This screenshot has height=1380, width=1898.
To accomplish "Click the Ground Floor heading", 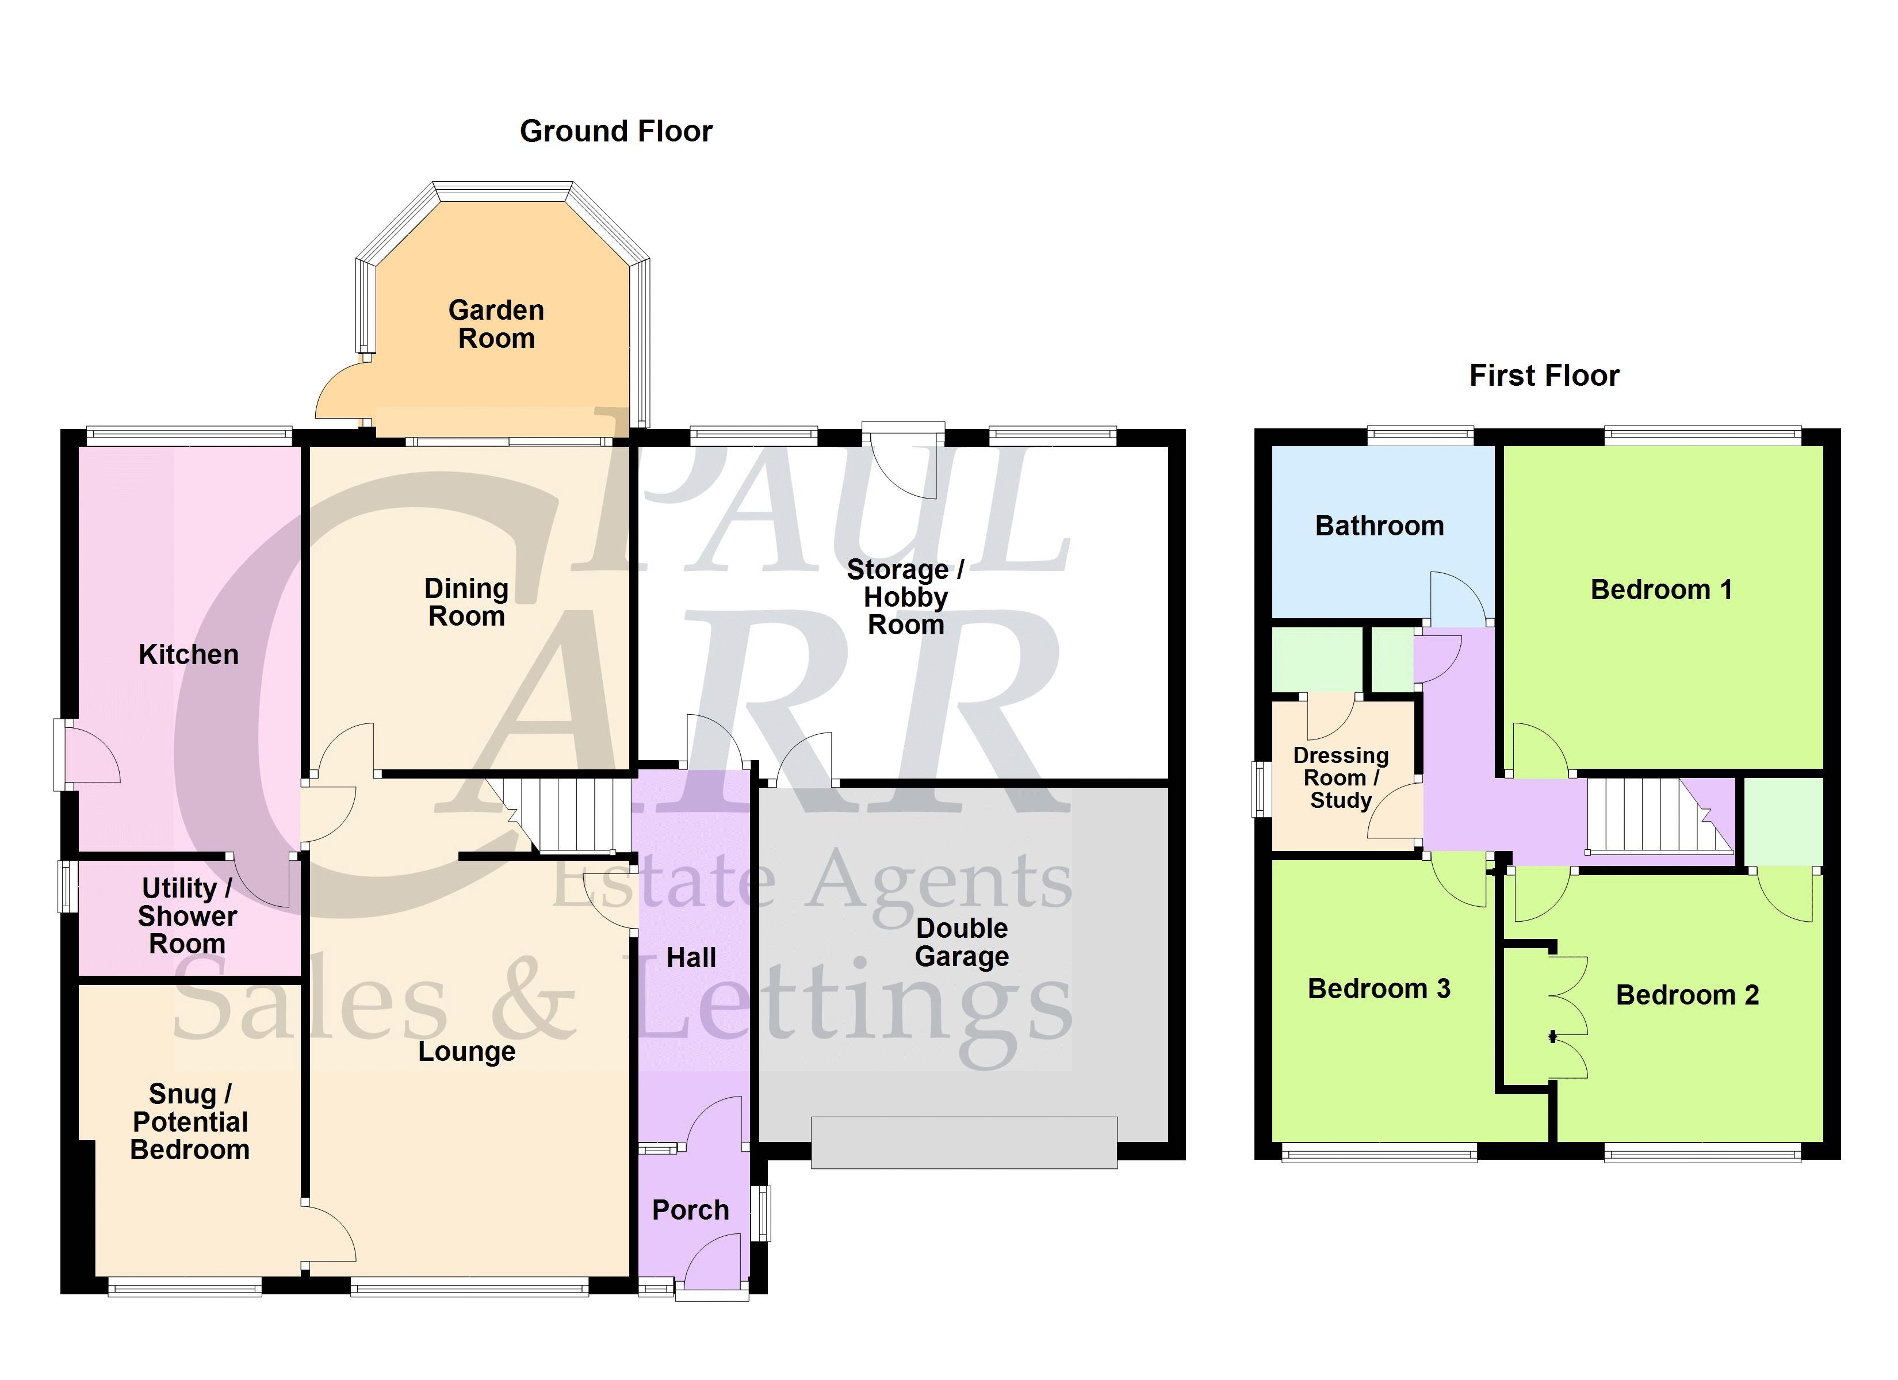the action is click(x=616, y=132).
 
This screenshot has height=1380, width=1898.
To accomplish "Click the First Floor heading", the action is click(x=1544, y=375).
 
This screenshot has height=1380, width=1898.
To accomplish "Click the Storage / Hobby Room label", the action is click(x=905, y=597).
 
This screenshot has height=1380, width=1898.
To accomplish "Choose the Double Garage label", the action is click(x=962, y=942).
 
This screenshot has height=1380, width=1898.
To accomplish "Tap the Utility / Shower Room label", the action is click(x=187, y=915).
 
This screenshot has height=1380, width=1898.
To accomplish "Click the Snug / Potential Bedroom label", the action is click(x=190, y=1121).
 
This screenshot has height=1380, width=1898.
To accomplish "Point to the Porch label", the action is click(x=690, y=1210).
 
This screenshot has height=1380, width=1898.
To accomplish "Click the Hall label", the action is click(x=691, y=957).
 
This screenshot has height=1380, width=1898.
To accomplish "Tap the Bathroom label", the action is click(x=1379, y=526).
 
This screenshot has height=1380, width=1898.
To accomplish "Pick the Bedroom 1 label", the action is click(x=1661, y=590).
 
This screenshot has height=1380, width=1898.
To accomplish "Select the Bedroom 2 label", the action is click(x=1687, y=995).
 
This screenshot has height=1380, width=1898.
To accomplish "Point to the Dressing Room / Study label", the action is click(x=1341, y=777).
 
